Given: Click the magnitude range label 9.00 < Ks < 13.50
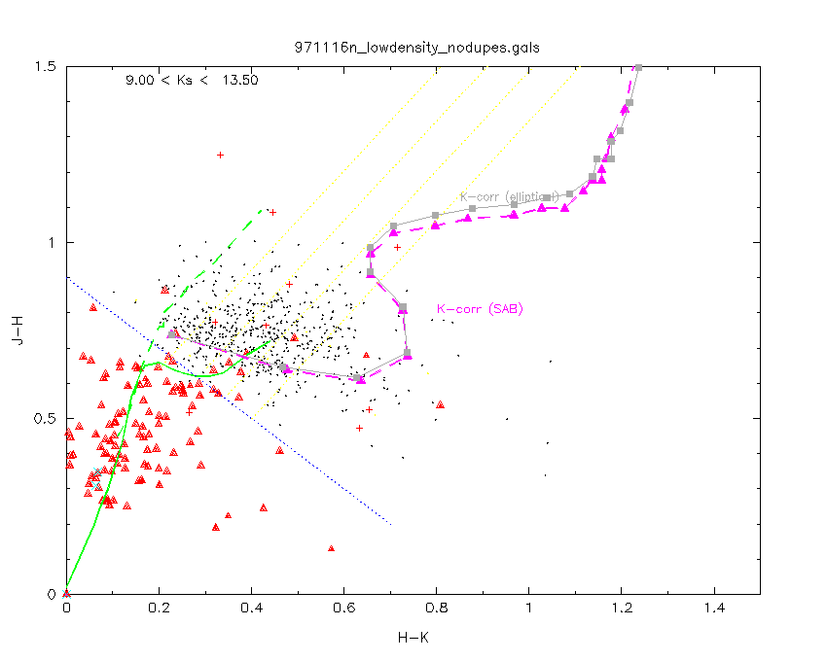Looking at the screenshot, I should point(192,81).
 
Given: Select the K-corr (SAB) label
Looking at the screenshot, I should point(481,309).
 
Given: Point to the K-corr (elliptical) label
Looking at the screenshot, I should point(510,196).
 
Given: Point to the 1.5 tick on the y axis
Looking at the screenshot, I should point(47,66).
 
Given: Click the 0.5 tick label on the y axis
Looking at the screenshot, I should point(47,418).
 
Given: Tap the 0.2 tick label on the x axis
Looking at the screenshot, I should point(159,609).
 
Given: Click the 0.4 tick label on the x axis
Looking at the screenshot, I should point(251,609).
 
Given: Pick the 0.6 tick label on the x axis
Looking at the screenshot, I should point(343,609).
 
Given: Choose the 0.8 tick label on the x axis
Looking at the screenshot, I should point(436,609).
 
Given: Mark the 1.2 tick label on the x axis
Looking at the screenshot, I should point(622,609).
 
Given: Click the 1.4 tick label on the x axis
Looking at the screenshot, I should point(714,609).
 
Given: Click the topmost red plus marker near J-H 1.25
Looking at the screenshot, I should point(220,155).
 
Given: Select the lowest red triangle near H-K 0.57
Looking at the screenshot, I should point(331,548).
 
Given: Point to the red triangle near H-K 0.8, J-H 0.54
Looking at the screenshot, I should point(440,404).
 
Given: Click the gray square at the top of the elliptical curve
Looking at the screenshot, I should point(638,67).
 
